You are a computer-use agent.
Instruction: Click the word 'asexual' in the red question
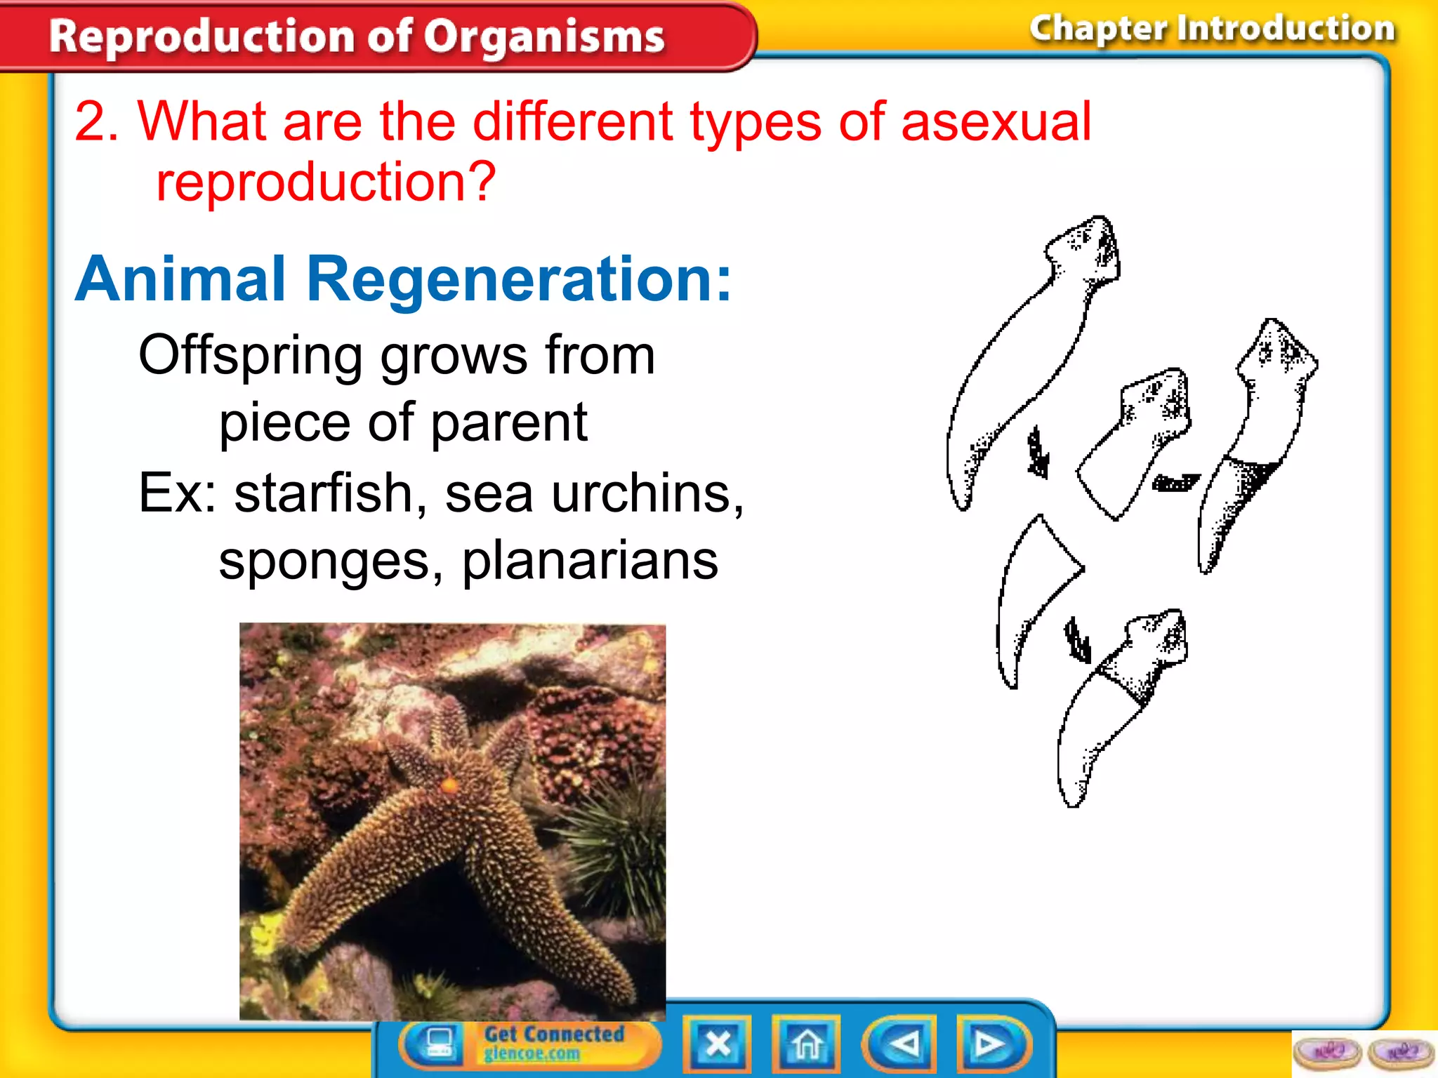(x=996, y=122)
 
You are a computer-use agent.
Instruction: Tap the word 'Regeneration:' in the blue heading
(x=520, y=279)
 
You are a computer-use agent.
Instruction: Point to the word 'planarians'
(x=590, y=561)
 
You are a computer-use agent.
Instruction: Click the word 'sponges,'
(x=331, y=561)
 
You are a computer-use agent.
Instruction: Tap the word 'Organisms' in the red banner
(x=543, y=36)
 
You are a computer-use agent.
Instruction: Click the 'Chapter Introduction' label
(x=1212, y=29)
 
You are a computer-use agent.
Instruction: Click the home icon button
(x=806, y=1044)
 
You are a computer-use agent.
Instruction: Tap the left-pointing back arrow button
(x=901, y=1044)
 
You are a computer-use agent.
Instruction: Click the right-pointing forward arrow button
(x=991, y=1044)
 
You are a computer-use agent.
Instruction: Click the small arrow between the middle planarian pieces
(x=1175, y=483)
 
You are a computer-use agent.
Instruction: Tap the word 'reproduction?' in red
(x=326, y=182)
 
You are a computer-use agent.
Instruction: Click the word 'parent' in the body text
(x=508, y=423)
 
